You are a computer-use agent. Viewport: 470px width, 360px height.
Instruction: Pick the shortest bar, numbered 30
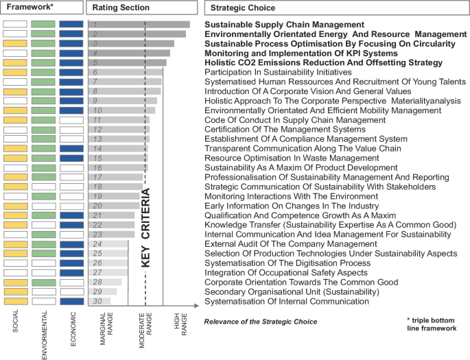pos(99,301)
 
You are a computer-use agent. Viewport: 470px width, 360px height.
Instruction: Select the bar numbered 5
pos(127,63)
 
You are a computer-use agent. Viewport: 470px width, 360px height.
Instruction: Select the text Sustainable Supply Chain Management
pos(284,25)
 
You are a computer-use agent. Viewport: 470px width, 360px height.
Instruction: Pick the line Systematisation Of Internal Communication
pos(287,301)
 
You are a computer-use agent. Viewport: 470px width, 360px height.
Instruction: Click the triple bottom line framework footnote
pos(431,324)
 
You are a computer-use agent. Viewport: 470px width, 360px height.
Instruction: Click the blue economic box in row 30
pos(71,301)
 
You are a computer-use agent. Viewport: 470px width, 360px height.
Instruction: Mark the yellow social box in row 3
pos(15,44)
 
